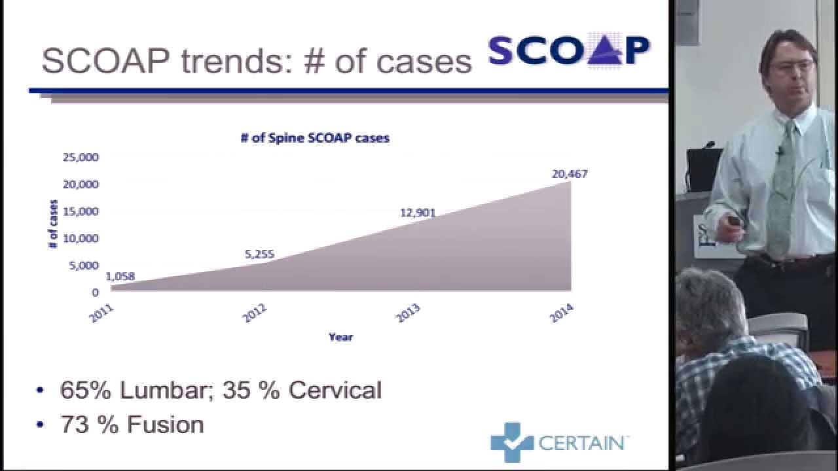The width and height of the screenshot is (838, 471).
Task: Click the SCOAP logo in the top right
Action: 569,50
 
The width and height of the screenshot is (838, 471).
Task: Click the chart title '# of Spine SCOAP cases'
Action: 315,138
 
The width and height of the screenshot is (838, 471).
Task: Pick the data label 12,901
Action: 418,213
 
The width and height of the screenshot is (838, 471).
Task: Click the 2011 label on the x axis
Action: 101,313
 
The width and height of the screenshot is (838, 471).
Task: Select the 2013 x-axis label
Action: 408,313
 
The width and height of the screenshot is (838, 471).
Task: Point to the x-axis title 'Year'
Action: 340,337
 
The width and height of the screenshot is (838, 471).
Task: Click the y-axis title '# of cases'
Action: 53,224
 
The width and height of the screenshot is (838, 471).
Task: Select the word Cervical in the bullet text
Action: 335,391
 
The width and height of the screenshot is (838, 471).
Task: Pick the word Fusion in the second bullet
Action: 166,425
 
